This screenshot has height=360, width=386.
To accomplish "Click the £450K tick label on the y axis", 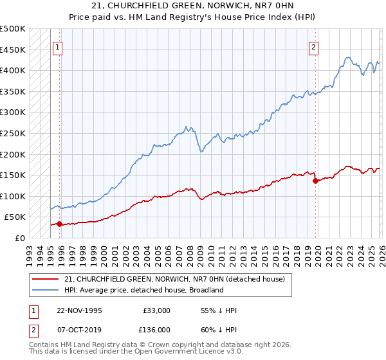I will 13,50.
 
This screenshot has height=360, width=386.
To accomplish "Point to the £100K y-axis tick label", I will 13,196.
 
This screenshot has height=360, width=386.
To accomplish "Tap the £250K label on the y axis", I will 13,133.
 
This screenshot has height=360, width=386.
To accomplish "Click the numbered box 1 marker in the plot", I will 58,47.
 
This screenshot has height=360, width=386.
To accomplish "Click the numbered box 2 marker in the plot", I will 313,47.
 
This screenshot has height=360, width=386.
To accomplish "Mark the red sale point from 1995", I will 60,224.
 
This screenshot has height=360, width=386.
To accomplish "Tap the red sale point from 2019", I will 315,181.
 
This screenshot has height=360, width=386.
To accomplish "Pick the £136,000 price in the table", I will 157,330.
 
